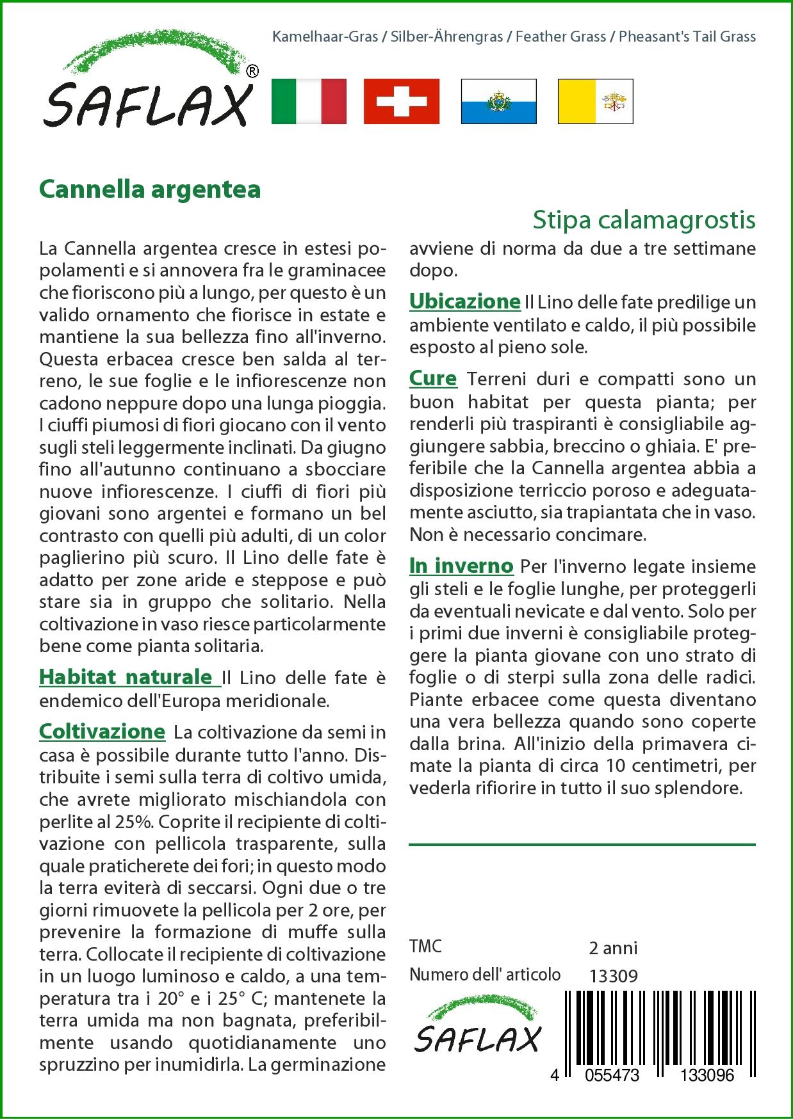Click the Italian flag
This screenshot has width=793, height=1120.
tap(309, 101)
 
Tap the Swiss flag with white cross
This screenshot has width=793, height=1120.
tap(402, 101)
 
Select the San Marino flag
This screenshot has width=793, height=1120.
tap(498, 101)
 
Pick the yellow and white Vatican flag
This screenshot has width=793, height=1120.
tap(595, 101)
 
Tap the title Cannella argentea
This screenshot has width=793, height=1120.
tap(150, 189)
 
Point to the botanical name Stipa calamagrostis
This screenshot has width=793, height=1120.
tap(644, 220)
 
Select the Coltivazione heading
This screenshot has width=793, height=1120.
tap(102, 732)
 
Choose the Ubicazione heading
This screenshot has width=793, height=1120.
tap(464, 301)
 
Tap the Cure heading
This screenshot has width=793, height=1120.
tap(433, 379)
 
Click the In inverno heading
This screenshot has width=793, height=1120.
tap(461, 566)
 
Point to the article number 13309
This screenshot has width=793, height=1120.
tap(613, 976)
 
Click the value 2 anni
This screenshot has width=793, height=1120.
tap(613, 948)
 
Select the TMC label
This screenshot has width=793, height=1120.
tap(425, 947)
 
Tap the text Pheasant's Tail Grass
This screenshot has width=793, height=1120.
tap(687, 36)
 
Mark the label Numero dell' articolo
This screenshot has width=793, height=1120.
tap(484, 975)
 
